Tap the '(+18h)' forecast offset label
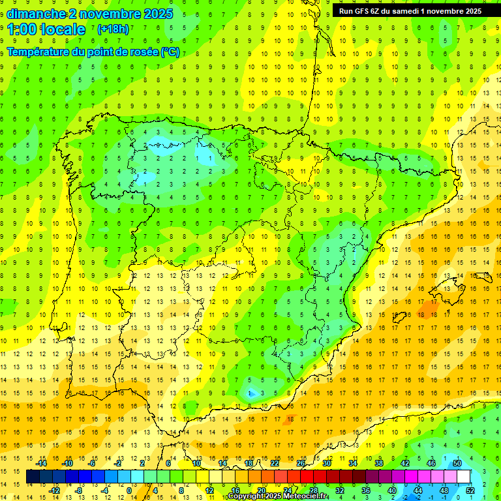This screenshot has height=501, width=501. pos(113,29)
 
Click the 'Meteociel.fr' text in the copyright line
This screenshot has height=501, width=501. pos(305,496)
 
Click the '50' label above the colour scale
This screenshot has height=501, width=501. pos(457,463)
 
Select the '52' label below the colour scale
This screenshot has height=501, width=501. pos(470,490)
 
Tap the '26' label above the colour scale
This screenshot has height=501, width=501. pos(300,463)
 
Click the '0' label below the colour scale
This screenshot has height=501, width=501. pos(129,490)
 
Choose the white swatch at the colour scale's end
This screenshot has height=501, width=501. pos(463,477)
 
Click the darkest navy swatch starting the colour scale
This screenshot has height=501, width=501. pos(33,477)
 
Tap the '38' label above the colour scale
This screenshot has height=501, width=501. pos(378,463)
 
